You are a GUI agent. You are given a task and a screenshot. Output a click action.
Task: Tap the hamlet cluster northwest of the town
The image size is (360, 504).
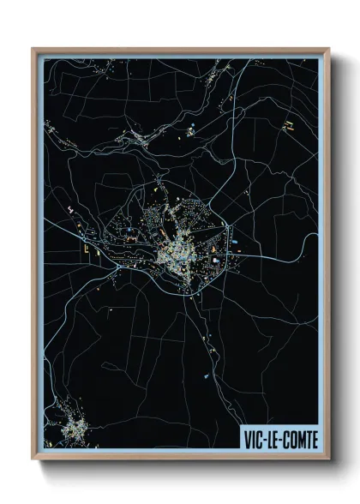[x=135, y=135]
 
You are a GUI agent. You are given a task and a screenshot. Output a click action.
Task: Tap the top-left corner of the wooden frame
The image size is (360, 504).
[x=33, y=50]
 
